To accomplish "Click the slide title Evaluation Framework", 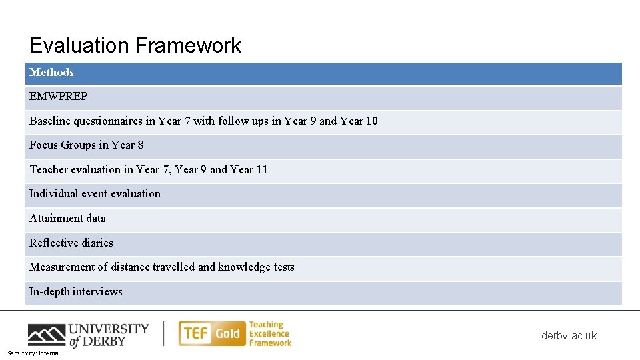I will click(x=135, y=45).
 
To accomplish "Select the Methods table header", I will click(x=51, y=72).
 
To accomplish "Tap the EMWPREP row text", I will click(x=58, y=97).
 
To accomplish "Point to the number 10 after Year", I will click(x=371, y=121).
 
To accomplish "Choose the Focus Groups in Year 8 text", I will click(x=86, y=145).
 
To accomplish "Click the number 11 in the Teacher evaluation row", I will click(x=262, y=169).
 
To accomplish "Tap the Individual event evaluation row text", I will click(x=95, y=194).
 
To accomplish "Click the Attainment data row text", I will click(x=67, y=218).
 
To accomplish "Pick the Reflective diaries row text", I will click(x=71, y=243).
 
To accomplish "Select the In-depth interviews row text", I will click(x=75, y=291).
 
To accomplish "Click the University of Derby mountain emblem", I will click(x=46, y=334).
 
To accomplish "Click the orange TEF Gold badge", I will click(x=211, y=333).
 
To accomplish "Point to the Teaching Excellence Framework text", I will click(x=270, y=333).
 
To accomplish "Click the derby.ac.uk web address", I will click(x=569, y=335).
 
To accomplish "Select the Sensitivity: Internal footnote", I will click(x=33, y=353).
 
